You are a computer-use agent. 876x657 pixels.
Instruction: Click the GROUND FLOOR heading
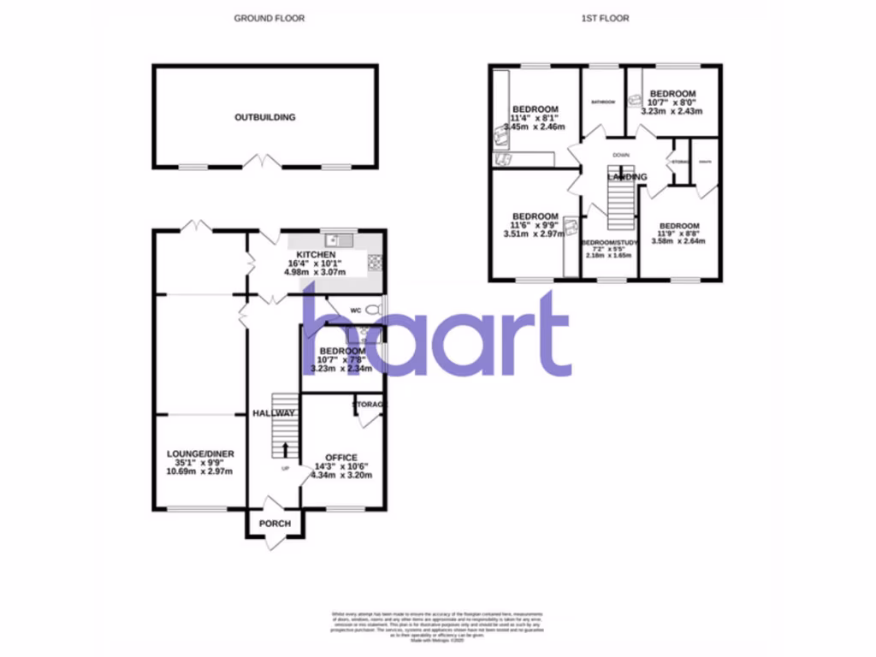(x=269, y=18)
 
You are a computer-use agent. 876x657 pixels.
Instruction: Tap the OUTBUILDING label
(x=265, y=117)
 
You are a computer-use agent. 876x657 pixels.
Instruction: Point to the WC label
(x=354, y=310)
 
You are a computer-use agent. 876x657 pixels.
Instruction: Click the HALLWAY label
(x=274, y=413)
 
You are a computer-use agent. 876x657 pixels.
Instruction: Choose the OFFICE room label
(x=340, y=458)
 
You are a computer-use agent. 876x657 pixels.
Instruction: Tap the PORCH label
(x=275, y=524)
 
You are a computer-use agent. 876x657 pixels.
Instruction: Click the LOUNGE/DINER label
(x=200, y=453)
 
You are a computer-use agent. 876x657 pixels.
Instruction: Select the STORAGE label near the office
(x=370, y=404)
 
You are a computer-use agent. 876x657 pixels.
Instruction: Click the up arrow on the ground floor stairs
(x=285, y=447)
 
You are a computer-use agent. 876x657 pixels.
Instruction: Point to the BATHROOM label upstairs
(x=603, y=102)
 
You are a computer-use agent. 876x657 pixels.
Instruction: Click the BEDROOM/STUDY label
(x=608, y=243)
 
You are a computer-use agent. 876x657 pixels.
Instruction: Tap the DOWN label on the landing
(x=620, y=155)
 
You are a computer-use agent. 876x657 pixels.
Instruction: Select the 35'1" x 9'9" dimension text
(x=200, y=463)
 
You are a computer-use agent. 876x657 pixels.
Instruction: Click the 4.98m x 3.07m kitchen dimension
(x=315, y=273)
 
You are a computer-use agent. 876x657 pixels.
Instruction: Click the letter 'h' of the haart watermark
(x=329, y=334)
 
